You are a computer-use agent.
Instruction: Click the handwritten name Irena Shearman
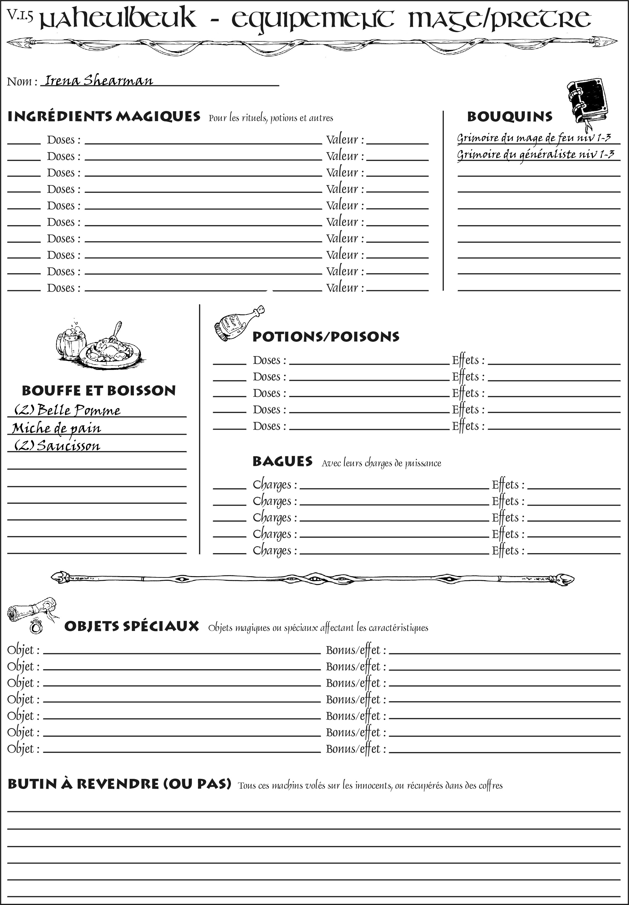pyautogui.click(x=99, y=80)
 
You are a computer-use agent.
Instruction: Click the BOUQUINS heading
pyautogui.click(x=510, y=117)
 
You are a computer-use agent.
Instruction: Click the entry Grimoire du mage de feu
pyautogui.click(x=534, y=138)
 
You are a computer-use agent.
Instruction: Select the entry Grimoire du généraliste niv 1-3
pyautogui.click(x=535, y=154)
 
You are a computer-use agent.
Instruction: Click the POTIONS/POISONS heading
pyautogui.click(x=326, y=337)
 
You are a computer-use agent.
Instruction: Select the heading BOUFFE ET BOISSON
pyautogui.click(x=99, y=391)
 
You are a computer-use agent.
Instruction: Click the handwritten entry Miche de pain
pyautogui.click(x=56, y=428)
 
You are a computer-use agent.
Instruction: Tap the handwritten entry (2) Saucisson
pyautogui.click(x=57, y=446)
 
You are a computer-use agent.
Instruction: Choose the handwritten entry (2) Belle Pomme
pyautogui.click(x=67, y=410)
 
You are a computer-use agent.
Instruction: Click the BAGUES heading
pyautogui.click(x=282, y=462)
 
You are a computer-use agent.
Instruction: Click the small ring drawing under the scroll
pyautogui.click(x=36, y=627)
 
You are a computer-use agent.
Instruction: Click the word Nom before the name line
pyautogui.click(x=19, y=82)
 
